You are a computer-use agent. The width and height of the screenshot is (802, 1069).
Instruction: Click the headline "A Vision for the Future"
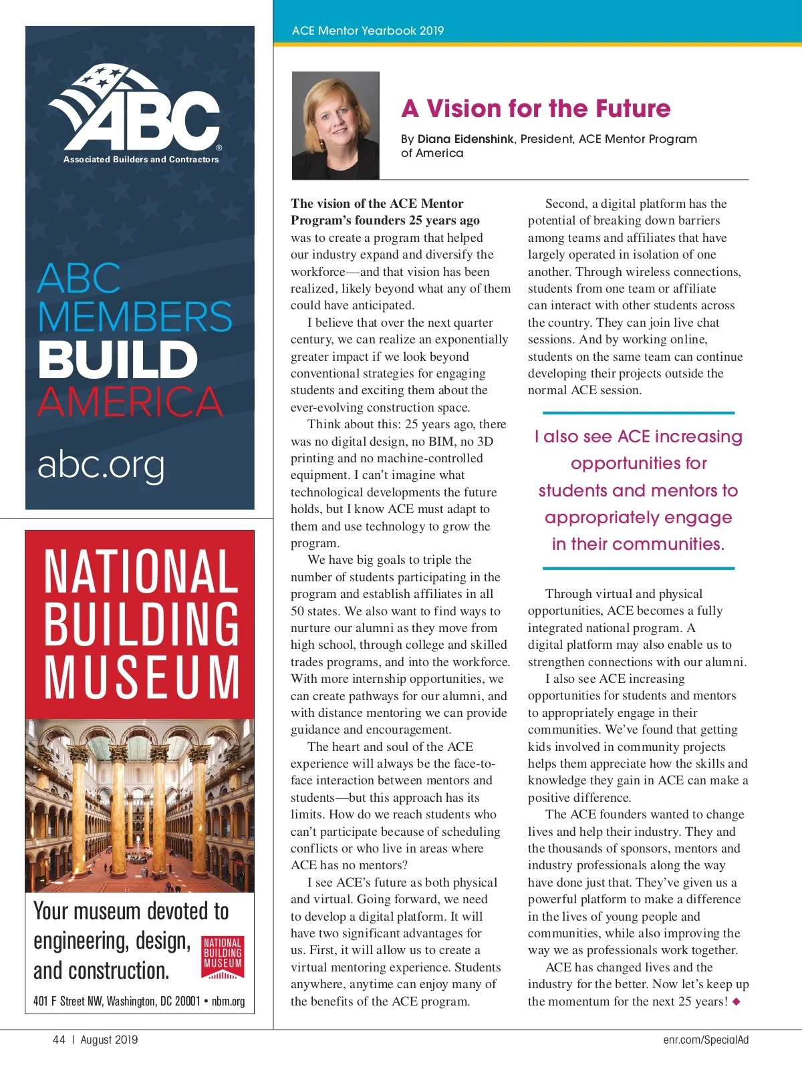535,109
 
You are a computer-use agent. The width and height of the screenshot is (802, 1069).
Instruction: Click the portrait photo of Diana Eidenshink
336,125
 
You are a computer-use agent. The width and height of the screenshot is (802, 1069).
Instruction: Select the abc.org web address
101,464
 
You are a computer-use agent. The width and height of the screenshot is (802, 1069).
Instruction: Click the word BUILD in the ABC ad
118,359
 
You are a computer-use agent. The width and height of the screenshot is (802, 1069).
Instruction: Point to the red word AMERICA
130,401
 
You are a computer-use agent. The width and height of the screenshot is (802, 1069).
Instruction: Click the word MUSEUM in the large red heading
141,677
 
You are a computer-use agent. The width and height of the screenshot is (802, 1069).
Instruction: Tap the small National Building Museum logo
223,957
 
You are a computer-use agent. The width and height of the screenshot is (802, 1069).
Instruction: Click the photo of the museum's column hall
140,805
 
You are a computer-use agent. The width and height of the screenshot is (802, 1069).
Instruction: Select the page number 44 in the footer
59,1040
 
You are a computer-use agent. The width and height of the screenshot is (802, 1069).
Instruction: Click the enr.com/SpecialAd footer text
706,1040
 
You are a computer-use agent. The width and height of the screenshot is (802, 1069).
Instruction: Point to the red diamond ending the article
737,1002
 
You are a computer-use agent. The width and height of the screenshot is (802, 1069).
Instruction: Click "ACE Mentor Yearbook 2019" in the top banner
368,31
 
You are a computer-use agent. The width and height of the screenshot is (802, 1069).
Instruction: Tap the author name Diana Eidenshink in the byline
465,139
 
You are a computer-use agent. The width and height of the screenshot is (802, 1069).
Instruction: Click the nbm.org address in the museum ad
229,1001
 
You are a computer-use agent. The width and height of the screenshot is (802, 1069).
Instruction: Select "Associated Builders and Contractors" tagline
141,160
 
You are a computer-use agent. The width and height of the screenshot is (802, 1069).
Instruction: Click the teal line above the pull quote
638,413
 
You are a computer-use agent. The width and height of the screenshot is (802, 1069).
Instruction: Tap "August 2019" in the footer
109,1040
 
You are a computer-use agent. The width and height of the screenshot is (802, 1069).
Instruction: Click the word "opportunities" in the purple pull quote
638,464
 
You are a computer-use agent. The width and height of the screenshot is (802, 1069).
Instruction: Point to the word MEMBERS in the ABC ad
135,317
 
